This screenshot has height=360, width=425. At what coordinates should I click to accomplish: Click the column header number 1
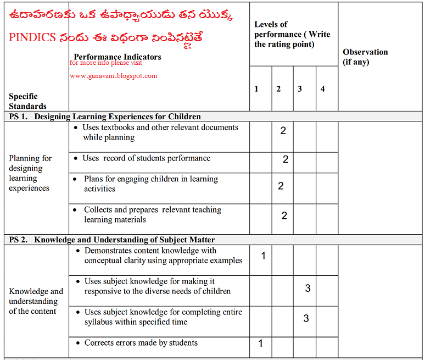pyautogui.click(x=256, y=89)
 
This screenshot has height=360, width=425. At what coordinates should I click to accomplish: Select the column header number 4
pyautogui.click(x=322, y=89)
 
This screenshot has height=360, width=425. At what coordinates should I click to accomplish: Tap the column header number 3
pyautogui.click(x=300, y=89)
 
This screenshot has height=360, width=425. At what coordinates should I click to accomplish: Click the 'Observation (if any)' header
pyautogui.click(x=365, y=57)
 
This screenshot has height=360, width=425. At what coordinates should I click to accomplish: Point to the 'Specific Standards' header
pyautogui.click(x=27, y=101)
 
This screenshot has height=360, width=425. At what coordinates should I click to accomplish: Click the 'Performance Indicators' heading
pyautogui.click(x=118, y=57)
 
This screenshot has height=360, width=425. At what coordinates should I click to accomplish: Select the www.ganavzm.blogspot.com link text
pyautogui.click(x=114, y=76)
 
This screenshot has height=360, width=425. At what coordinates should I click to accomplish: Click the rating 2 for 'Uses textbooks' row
pyautogui.click(x=283, y=131)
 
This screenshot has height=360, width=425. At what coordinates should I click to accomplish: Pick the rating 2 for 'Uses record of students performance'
pyautogui.click(x=286, y=159)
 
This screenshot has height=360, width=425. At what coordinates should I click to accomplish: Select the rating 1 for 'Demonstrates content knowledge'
pyautogui.click(x=264, y=255)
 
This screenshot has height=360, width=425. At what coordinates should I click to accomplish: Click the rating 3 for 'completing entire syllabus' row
pyautogui.click(x=306, y=318)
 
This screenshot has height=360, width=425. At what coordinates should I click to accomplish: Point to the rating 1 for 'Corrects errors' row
pyautogui.click(x=260, y=344)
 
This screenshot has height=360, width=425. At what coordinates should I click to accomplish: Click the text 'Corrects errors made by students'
pyautogui.click(x=141, y=343)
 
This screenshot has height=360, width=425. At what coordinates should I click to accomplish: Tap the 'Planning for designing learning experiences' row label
pyautogui.click(x=30, y=173)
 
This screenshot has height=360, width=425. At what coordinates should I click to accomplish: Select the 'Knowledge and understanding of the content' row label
pyautogui.click(x=36, y=301)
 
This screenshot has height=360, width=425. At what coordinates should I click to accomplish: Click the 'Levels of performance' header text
pyautogui.click(x=292, y=34)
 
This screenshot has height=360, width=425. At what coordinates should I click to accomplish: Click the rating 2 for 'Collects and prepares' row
pyautogui.click(x=284, y=215)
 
